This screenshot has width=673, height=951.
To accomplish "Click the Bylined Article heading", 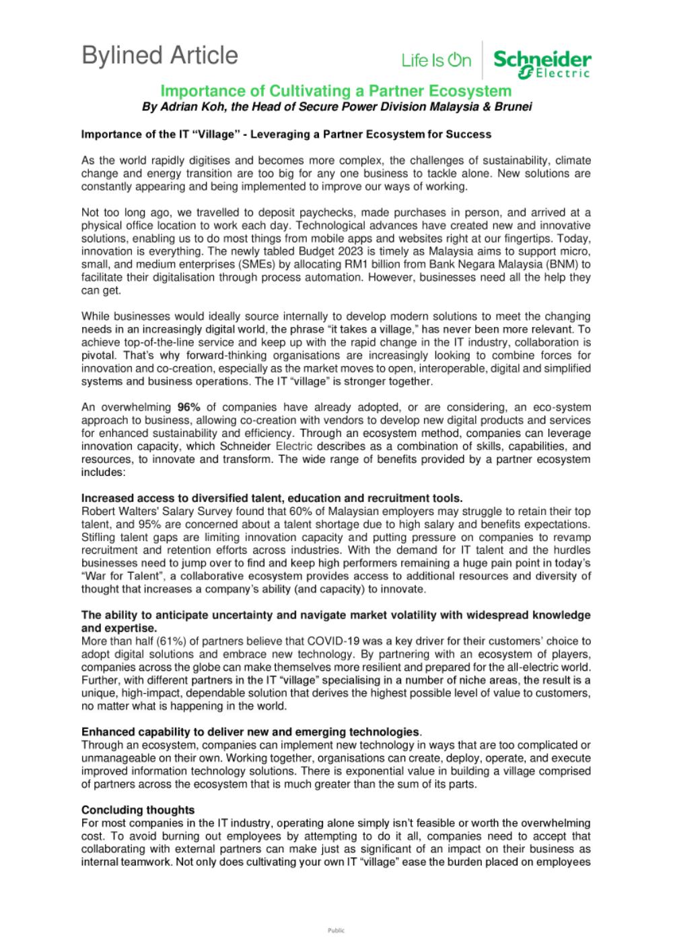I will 160,56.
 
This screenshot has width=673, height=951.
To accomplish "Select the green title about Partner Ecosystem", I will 336,91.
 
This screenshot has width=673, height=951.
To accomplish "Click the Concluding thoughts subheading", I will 138,810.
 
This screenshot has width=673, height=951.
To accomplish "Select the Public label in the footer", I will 336,931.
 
